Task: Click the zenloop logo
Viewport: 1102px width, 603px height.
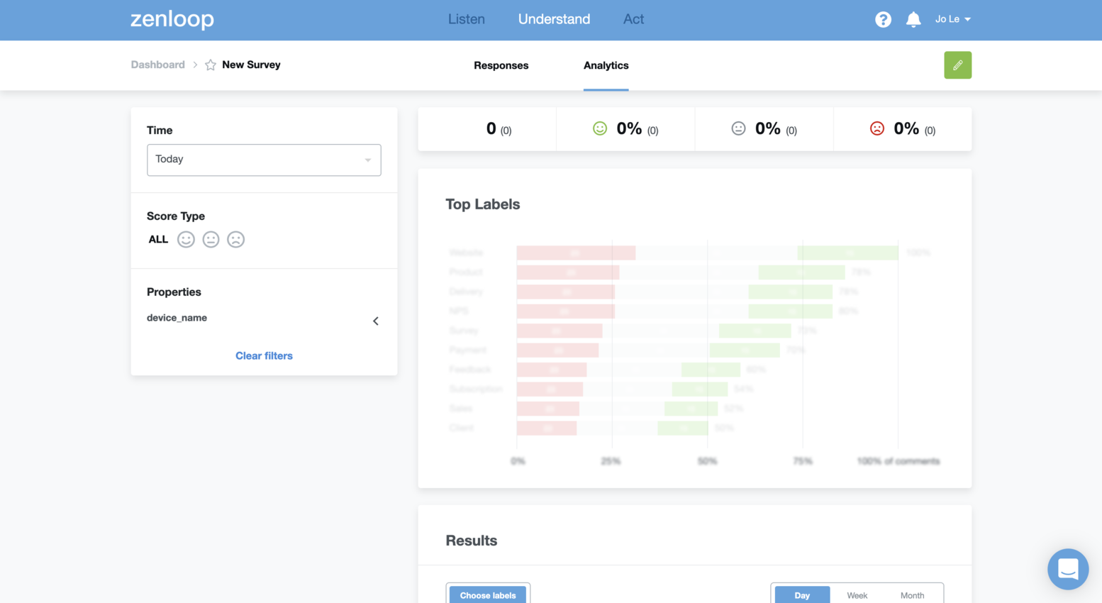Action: point(172,19)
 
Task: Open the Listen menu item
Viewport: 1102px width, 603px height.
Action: point(466,19)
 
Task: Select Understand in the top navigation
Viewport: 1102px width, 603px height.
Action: point(554,19)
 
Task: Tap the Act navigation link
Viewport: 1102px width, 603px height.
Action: point(633,19)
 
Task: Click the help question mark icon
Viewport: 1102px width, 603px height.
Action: point(883,20)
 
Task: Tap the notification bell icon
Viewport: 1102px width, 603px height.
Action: point(913,20)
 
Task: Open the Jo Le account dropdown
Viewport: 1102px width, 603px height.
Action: point(952,19)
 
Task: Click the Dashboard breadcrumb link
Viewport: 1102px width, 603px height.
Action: point(157,65)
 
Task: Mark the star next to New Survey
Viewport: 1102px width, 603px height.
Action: point(211,65)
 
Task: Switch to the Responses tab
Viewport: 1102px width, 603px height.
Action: point(501,65)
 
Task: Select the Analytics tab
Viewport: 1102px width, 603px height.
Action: point(606,65)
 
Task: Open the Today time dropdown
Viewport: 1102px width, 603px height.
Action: point(264,160)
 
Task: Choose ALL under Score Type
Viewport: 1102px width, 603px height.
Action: point(158,240)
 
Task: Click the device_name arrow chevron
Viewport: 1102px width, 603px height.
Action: point(376,321)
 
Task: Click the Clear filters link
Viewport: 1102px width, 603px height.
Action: point(264,355)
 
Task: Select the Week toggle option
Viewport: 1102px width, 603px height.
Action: point(857,595)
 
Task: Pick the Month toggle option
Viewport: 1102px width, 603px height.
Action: point(912,595)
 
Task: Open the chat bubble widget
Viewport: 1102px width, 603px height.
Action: point(1067,569)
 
